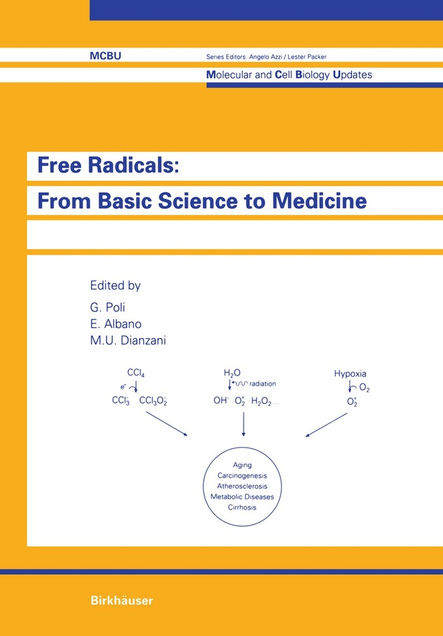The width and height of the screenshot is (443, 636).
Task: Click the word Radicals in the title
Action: point(138,166)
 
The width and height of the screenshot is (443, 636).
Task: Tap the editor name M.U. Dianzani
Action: point(128,341)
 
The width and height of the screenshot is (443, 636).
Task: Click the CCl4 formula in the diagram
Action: point(135,374)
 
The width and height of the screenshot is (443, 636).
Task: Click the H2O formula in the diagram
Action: point(231,374)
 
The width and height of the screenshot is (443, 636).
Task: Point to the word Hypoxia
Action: point(350,374)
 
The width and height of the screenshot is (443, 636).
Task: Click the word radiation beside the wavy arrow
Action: point(263,384)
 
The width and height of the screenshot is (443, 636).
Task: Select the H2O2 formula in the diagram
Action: point(262,401)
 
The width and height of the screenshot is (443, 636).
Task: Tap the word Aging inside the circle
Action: point(242,465)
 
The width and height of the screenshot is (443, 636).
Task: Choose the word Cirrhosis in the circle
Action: point(242,508)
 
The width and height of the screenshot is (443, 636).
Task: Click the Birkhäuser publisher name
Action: point(121,601)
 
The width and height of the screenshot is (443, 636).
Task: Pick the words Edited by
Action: point(115,285)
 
